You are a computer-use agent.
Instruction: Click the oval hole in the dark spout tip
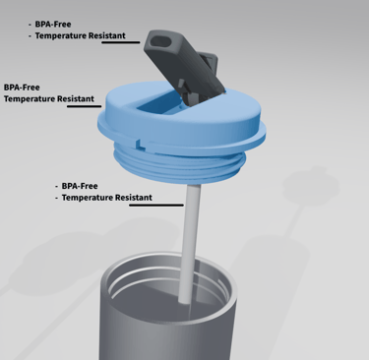click(160, 42)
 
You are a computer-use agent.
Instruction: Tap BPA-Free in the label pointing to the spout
click(53, 25)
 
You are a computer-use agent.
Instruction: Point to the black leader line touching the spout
click(121, 42)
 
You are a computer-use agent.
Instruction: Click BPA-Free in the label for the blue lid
click(22, 88)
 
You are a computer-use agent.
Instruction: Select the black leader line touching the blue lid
click(85, 106)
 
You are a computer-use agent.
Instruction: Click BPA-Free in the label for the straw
click(80, 186)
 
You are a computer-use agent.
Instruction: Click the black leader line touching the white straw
click(156, 206)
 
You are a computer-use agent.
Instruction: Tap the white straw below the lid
click(190, 243)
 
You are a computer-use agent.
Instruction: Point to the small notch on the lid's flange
click(140, 144)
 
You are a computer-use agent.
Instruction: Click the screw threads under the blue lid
click(179, 163)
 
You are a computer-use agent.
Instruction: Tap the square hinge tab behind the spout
click(209, 61)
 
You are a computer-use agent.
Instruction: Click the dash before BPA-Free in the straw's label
click(57, 187)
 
